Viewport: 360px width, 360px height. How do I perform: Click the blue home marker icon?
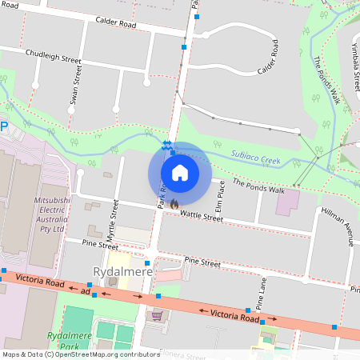coord(180,172)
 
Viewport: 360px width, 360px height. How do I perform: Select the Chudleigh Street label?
coord(54,56)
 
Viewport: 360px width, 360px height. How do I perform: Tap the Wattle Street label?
coord(201,215)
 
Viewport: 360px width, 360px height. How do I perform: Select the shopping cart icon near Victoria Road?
coord(158,315)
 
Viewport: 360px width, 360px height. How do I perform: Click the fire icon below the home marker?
coord(174,205)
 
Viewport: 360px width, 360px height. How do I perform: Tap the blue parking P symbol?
coord(3,126)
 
